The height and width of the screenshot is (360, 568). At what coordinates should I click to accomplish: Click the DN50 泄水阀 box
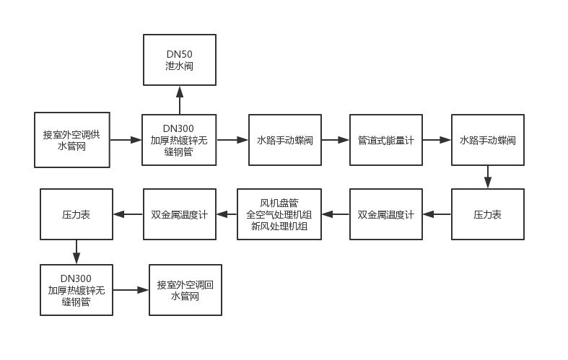[x=180, y=59]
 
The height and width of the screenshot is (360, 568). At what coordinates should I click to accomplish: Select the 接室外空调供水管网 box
[x=72, y=139]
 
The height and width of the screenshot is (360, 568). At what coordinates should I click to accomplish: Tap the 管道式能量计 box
[x=386, y=140]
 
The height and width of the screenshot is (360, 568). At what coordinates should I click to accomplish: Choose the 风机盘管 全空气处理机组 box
[x=279, y=214]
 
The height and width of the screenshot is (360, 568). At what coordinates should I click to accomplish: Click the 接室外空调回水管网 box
[x=185, y=290]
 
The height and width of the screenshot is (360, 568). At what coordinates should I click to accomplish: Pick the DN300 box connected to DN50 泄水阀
[x=178, y=140]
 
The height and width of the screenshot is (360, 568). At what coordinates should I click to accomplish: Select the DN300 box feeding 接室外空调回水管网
[x=76, y=290]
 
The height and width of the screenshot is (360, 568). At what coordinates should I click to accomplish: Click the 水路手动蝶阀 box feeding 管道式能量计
[x=284, y=140]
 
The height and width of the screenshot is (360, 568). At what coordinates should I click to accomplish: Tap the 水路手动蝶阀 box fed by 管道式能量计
[x=488, y=140]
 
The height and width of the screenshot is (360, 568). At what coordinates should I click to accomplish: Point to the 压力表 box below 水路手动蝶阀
[x=488, y=214]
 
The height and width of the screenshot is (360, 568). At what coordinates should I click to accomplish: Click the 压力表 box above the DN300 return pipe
[x=76, y=214]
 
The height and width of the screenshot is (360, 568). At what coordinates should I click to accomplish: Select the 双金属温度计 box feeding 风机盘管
[x=386, y=214]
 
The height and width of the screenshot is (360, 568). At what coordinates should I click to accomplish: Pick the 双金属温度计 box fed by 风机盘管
[x=180, y=214]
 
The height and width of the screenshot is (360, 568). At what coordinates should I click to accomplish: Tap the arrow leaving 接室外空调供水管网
[x=126, y=140]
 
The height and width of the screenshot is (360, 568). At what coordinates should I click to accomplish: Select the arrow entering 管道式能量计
[x=335, y=140]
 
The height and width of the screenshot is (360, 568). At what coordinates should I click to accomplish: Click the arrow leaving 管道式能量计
[x=437, y=140]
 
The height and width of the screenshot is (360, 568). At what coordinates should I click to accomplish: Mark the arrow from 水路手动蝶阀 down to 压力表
[x=488, y=177]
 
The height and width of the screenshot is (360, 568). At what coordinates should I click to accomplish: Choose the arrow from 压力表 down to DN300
[x=76, y=252]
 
